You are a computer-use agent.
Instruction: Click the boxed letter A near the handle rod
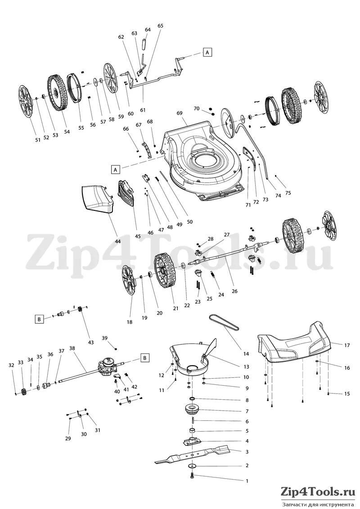click(x=208, y=52)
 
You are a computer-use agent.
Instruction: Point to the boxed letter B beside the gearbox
click(x=145, y=358)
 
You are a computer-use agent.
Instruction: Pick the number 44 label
click(x=117, y=241)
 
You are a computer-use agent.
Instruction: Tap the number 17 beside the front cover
click(x=347, y=345)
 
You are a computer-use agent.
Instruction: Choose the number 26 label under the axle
click(x=234, y=291)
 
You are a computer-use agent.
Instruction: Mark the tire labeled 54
click(x=58, y=93)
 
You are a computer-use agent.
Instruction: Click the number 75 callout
click(x=288, y=193)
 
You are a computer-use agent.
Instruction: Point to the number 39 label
click(x=104, y=338)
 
